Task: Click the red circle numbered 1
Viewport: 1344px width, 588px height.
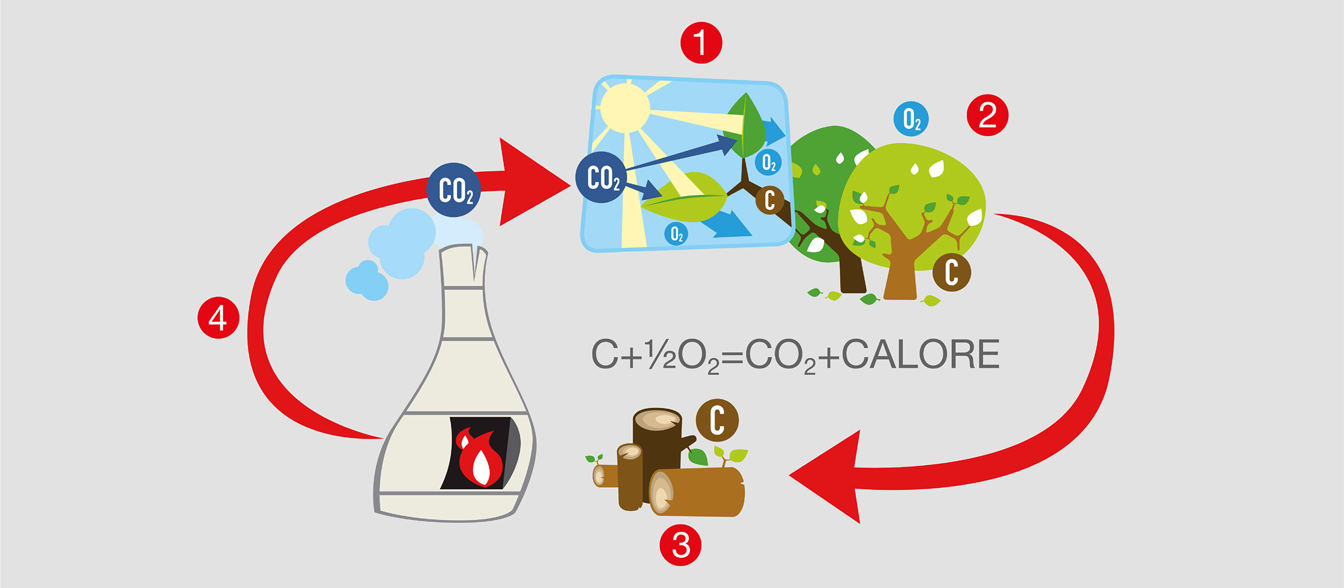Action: click(701, 43)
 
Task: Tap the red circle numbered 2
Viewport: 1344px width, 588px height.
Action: click(988, 115)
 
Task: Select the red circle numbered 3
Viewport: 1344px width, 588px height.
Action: click(680, 545)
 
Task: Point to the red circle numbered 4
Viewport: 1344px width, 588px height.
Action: click(218, 318)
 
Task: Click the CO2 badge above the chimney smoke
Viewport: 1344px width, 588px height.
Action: click(454, 190)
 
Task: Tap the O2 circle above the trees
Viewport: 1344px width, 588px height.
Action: click(911, 119)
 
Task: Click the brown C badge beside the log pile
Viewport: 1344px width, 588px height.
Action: click(717, 420)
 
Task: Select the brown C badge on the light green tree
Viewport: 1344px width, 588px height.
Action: click(951, 272)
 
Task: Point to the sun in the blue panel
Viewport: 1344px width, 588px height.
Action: click(625, 108)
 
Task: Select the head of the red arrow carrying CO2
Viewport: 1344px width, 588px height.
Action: click(535, 182)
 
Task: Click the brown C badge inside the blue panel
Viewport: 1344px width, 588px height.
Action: click(769, 200)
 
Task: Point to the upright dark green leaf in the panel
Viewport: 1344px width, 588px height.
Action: click(744, 125)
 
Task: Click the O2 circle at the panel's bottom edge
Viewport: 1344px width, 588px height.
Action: click(676, 234)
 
